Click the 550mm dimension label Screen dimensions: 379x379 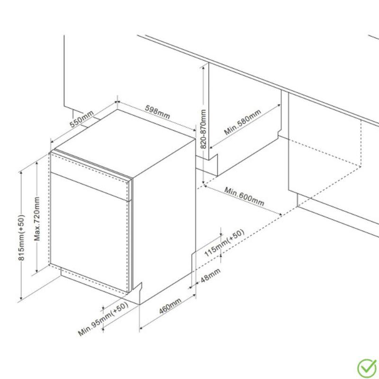click(81, 119)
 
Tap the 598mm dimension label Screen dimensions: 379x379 click(157, 112)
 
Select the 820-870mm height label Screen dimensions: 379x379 click(203, 129)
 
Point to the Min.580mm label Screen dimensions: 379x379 click(243, 122)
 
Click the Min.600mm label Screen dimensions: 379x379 click(244, 196)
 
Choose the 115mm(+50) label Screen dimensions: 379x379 click(224, 243)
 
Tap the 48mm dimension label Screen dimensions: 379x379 click(210, 275)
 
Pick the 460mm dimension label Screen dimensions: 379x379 click(170, 306)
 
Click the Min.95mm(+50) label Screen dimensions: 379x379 click(103, 319)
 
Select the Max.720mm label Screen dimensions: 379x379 click(37, 219)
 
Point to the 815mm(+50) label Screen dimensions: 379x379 click(21, 238)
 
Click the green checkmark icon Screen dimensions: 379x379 click(367, 368)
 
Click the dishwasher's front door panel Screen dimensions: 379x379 click(89, 232)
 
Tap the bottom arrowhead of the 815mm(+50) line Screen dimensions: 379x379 click(21, 298)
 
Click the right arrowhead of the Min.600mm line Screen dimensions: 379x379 click(280, 214)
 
